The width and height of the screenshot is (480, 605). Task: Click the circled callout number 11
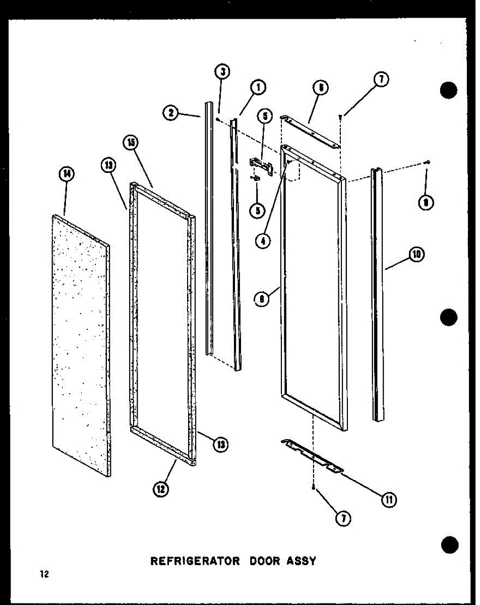[x=388, y=499]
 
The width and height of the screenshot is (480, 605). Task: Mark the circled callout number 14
[x=66, y=174]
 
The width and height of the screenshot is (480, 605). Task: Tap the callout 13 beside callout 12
[x=219, y=444]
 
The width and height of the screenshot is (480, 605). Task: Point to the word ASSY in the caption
[x=301, y=561]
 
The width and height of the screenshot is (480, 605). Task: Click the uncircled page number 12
[x=45, y=574]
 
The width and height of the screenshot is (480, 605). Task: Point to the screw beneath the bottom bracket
[x=314, y=489]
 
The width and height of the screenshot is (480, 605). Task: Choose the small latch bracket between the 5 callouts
[x=262, y=166]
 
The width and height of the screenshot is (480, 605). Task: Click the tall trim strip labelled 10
[x=378, y=292]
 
